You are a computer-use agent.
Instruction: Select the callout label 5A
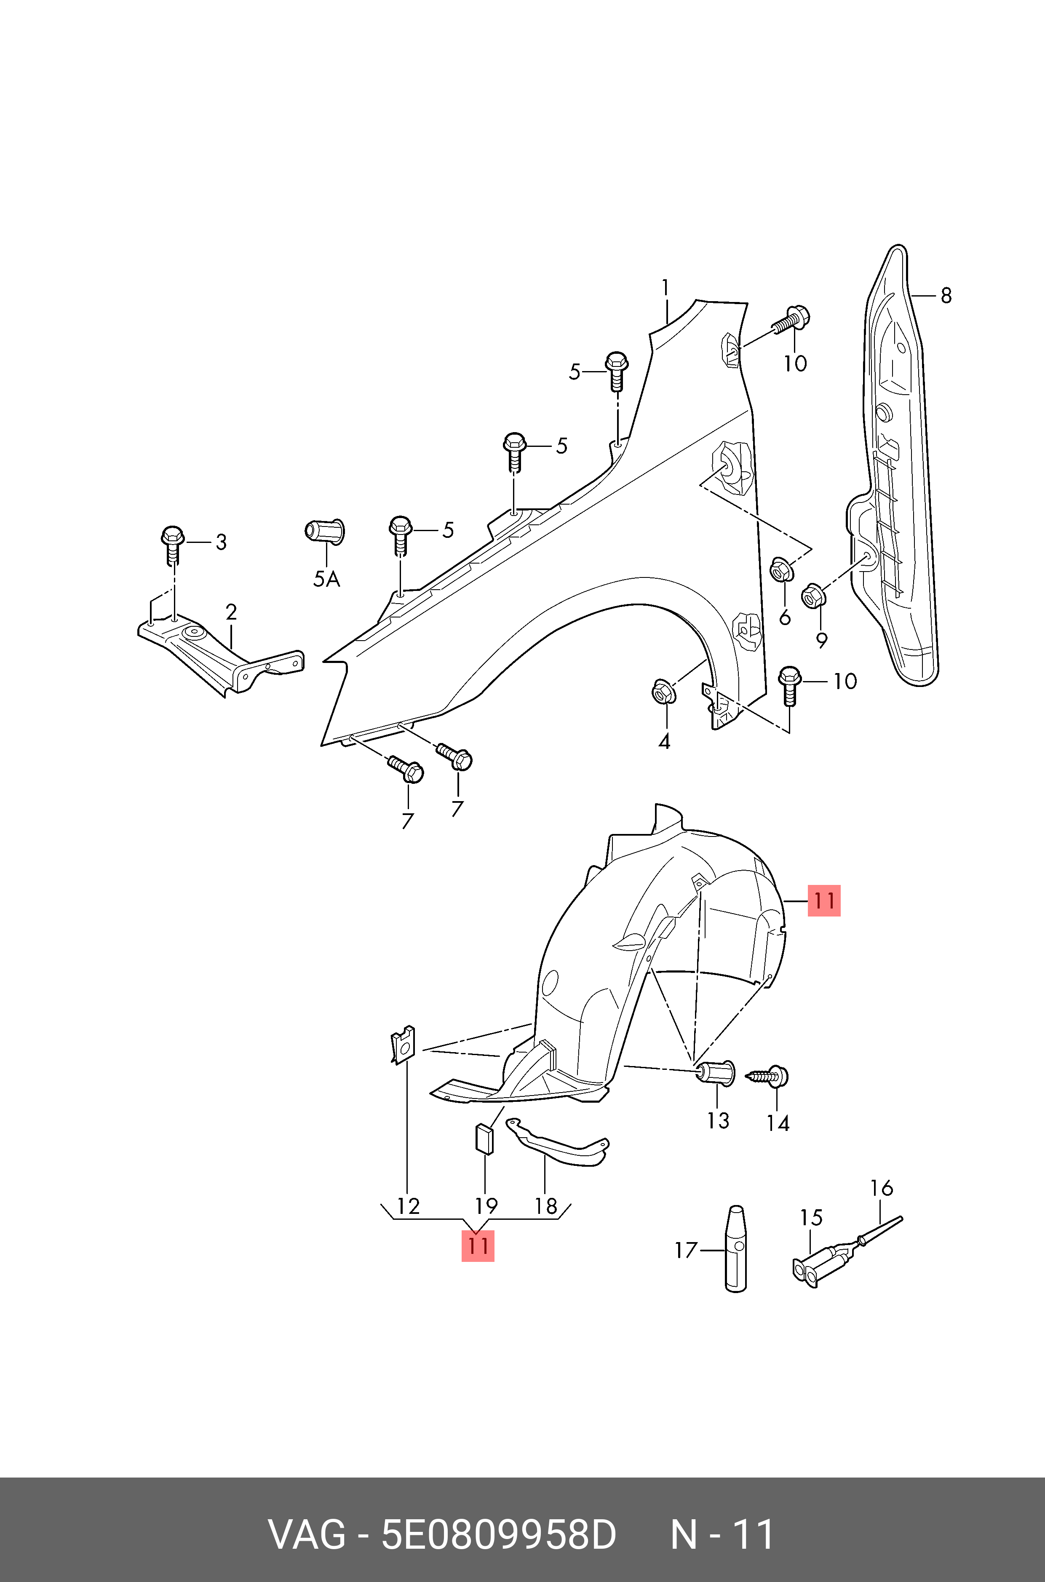click(326, 579)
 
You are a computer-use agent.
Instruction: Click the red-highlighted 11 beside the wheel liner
click(824, 901)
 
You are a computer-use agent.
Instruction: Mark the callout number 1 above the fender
click(665, 288)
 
